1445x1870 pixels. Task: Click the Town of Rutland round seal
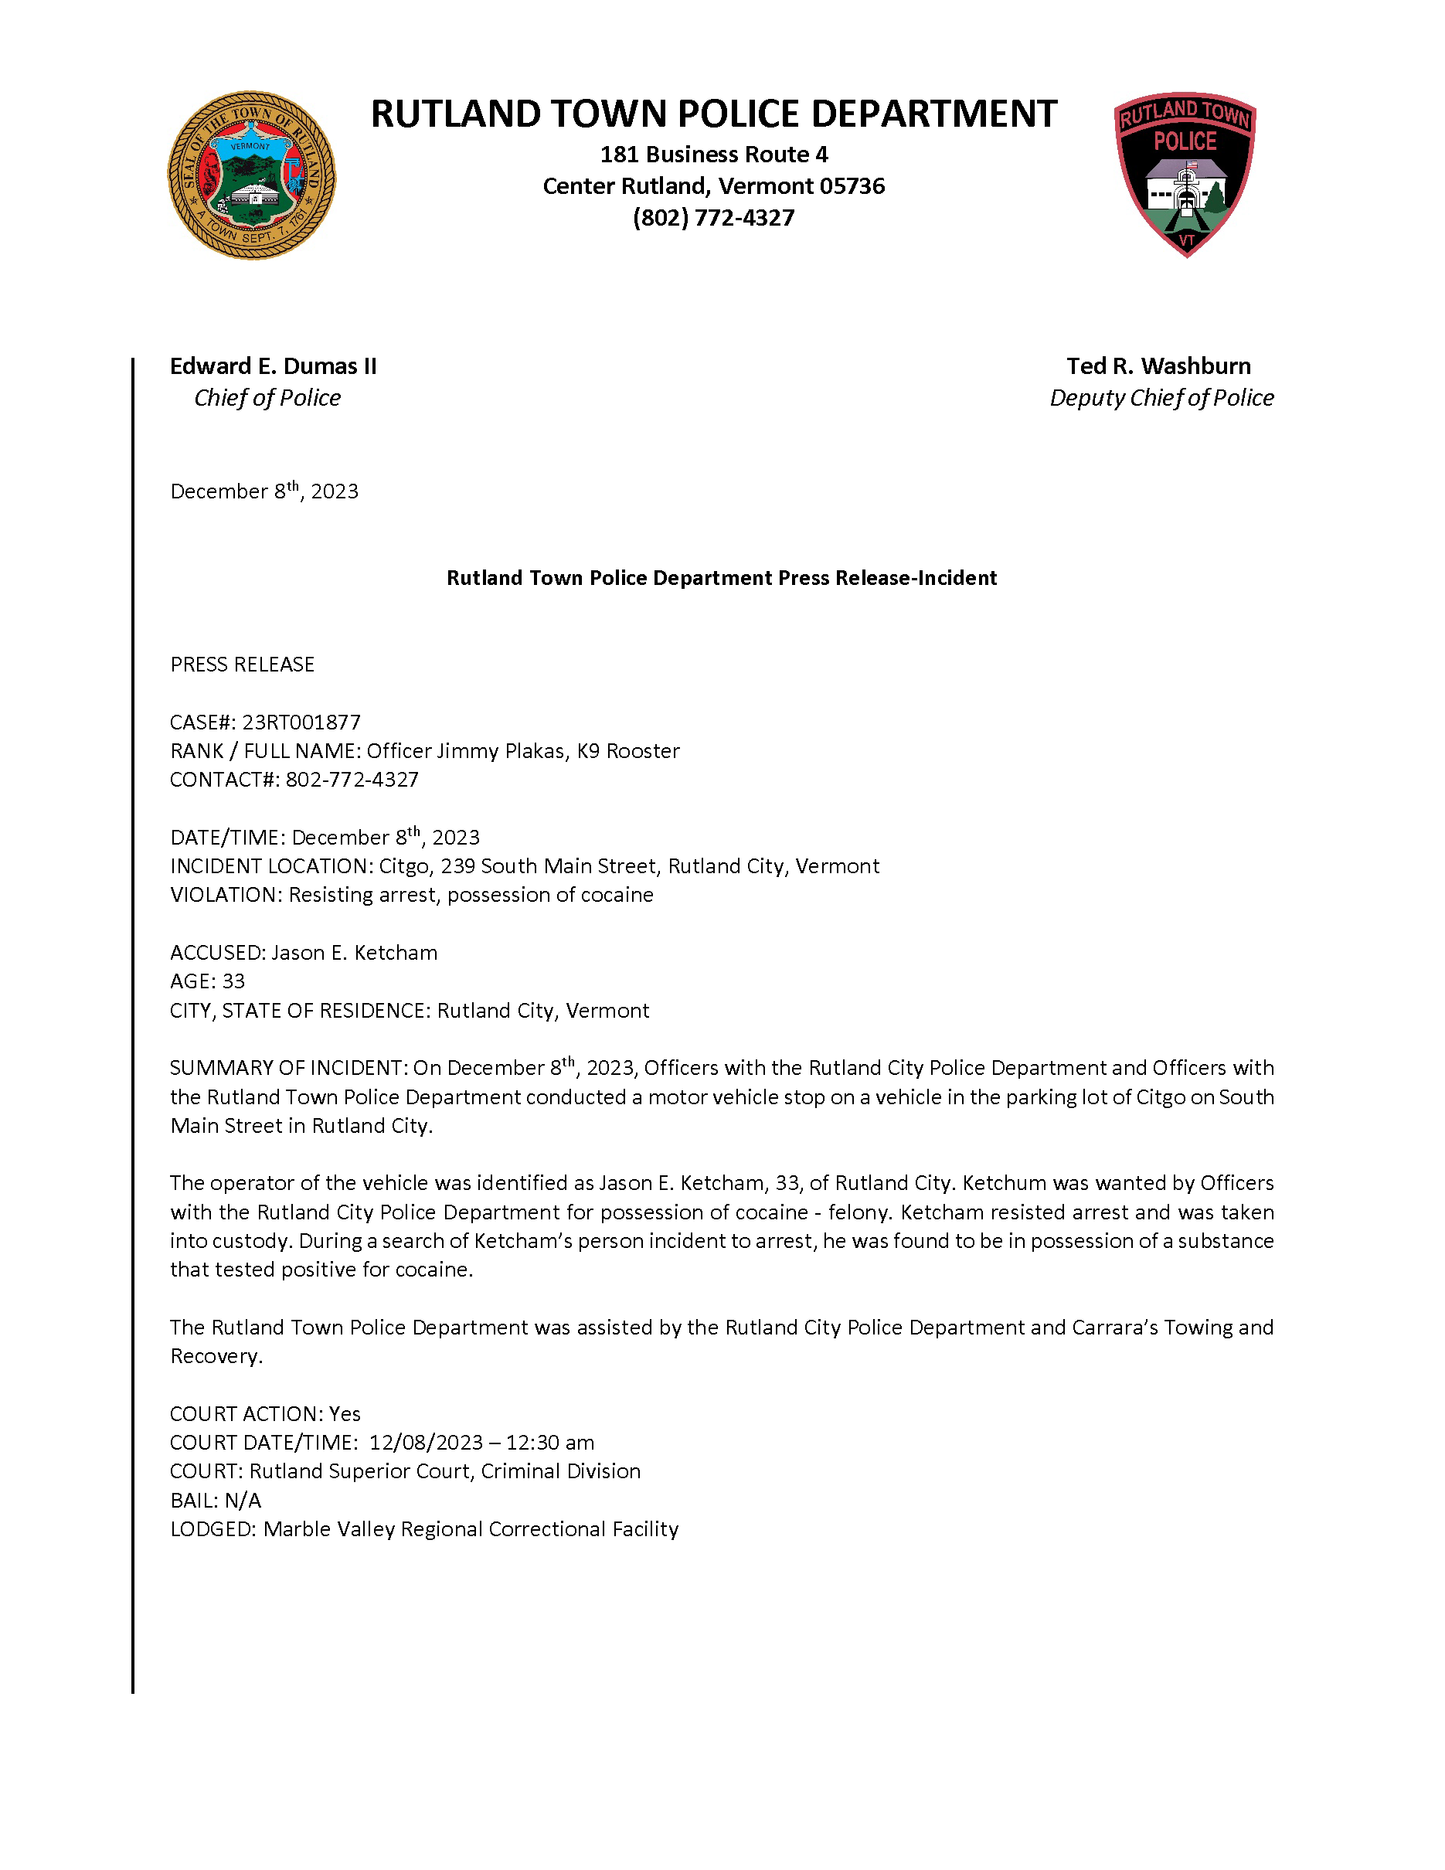tap(251, 175)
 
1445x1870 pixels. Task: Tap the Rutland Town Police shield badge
tap(1185, 174)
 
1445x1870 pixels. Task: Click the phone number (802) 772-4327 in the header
tap(713, 219)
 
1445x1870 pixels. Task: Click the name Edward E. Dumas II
tap(272, 366)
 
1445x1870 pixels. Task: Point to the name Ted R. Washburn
tap(1158, 366)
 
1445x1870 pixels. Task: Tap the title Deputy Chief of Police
tap(1161, 398)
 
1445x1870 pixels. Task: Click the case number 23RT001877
tap(301, 722)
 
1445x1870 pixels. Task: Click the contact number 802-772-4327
tap(352, 780)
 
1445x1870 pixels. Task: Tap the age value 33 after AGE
tap(233, 981)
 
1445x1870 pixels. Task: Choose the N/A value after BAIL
tap(243, 1500)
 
